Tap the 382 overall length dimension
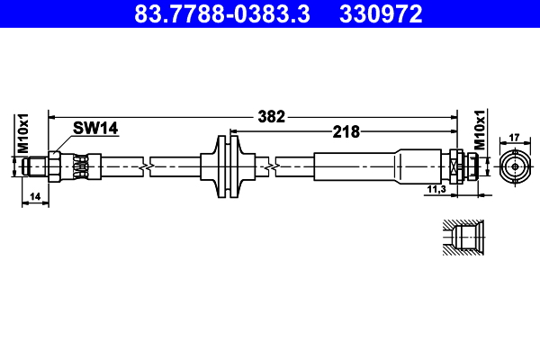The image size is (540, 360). click(x=271, y=116)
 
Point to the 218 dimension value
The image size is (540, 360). click(x=346, y=131)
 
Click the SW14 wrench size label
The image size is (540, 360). click(x=96, y=129)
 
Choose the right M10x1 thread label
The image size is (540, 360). click(x=480, y=131)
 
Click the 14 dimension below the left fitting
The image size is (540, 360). click(x=35, y=195)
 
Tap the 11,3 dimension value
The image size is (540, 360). click(x=436, y=189)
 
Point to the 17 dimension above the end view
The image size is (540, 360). click(x=515, y=138)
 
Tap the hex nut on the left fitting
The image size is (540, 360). click(x=54, y=166)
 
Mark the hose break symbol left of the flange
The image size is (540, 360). click(x=146, y=166)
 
